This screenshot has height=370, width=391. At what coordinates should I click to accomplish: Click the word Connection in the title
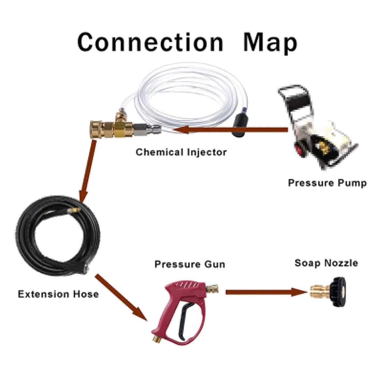click(150, 42)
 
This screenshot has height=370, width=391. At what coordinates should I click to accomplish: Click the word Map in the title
click(270, 44)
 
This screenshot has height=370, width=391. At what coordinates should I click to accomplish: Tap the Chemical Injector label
click(181, 152)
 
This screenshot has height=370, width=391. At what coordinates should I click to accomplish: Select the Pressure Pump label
click(327, 183)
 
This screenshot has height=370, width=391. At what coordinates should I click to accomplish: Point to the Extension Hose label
click(58, 294)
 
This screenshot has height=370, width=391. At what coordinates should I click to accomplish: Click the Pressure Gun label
click(190, 265)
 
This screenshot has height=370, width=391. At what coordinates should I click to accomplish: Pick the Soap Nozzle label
click(326, 263)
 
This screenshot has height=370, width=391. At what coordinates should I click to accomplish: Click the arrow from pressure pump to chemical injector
click(230, 130)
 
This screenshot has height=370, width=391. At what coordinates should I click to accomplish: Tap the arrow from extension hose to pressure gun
click(121, 298)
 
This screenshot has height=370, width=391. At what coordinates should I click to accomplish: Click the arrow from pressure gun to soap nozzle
click(266, 292)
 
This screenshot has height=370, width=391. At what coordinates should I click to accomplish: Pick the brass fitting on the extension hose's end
click(74, 210)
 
